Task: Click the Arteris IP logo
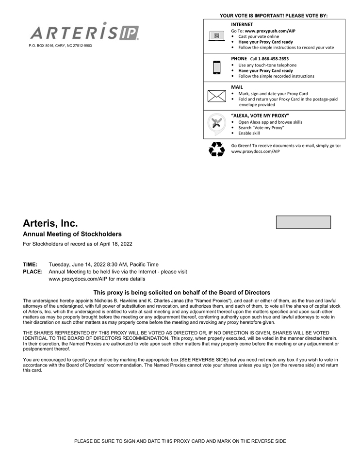(x=85, y=32)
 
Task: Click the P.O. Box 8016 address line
(x=60, y=46)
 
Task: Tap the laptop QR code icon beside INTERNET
(x=216, y=36)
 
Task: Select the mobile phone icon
(x=216, y=67)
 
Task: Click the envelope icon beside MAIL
(x=216, y=96)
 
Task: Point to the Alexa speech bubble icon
(x=216, y=124)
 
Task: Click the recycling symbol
(x=216, y=149)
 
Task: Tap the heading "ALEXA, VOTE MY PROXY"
(x=260, y=116)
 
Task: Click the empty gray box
(x=303, y=222)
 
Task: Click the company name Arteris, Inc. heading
(x=50, y=223)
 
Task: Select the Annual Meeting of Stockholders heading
(x=72, y=234)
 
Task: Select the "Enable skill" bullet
(x=249, y=133)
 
